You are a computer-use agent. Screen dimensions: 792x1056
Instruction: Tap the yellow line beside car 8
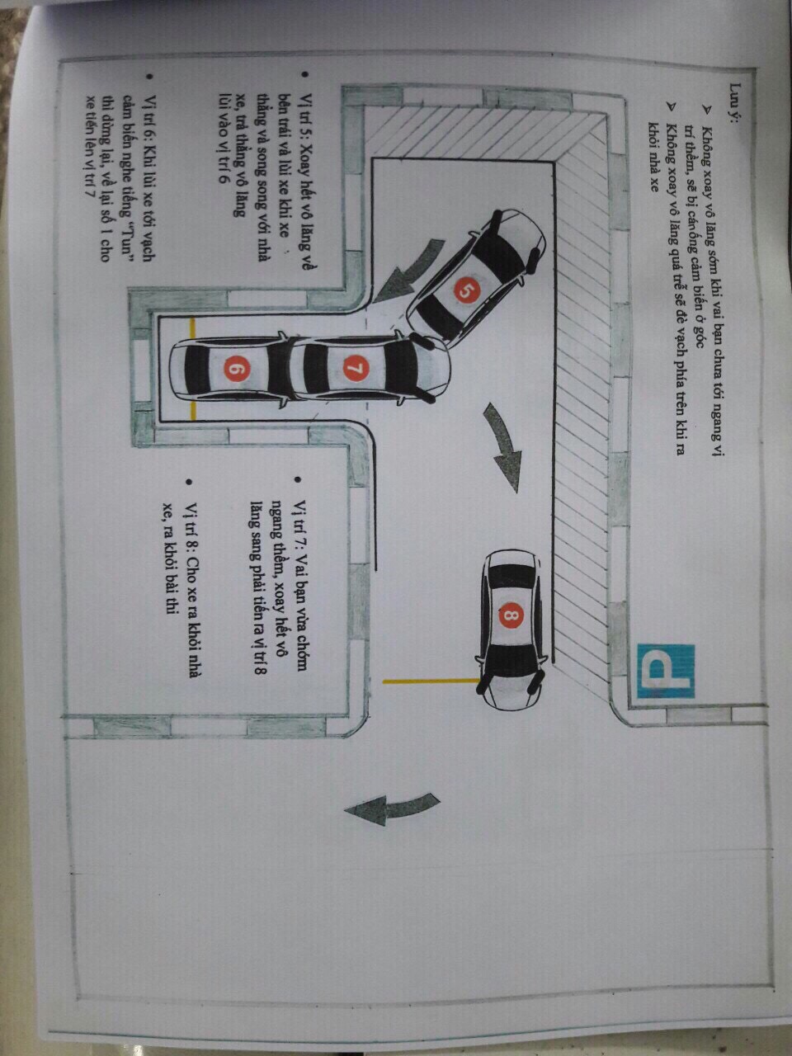tap(431, 681)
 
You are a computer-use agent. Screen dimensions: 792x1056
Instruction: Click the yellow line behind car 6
tap(193, 368)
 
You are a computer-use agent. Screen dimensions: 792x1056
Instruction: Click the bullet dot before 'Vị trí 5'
tap(304, 75)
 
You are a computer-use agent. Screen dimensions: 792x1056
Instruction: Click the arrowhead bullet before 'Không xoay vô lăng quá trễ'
tap(667, 110)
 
